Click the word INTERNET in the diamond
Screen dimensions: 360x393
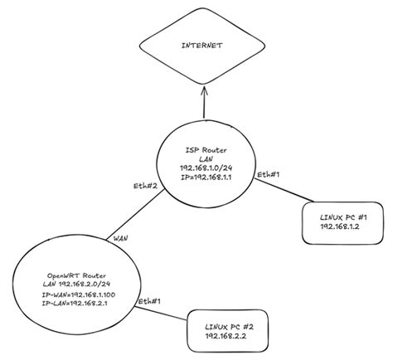[201, 47]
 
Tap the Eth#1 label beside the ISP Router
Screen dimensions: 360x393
[267, 175]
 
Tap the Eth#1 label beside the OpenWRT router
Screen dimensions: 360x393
[149, 301]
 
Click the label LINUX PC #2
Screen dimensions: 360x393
[226, 329]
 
